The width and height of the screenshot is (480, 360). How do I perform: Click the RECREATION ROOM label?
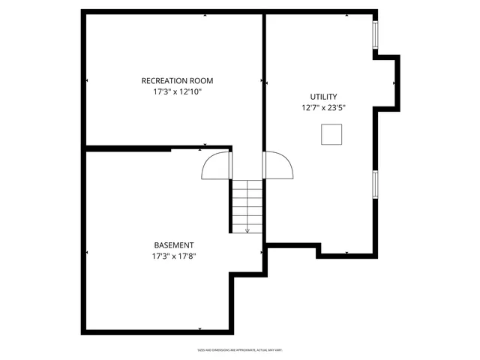(177, 81)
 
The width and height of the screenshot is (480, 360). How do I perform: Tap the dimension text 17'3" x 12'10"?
(177, 92)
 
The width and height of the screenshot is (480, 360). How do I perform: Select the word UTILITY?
(323, 97)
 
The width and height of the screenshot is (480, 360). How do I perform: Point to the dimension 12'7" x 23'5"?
(323, 108)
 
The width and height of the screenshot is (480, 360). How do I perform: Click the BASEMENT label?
(174, 245)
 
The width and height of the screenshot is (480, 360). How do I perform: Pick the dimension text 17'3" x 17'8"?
(174, 256)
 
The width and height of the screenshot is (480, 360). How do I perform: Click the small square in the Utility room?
(331, 134)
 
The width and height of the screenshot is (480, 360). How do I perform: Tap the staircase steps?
(247, 202)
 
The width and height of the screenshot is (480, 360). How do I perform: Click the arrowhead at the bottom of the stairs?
(247, 231)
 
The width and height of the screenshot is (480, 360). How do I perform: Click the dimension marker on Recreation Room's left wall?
(87, 80)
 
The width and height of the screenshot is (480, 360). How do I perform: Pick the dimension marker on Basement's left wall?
(87, 253)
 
